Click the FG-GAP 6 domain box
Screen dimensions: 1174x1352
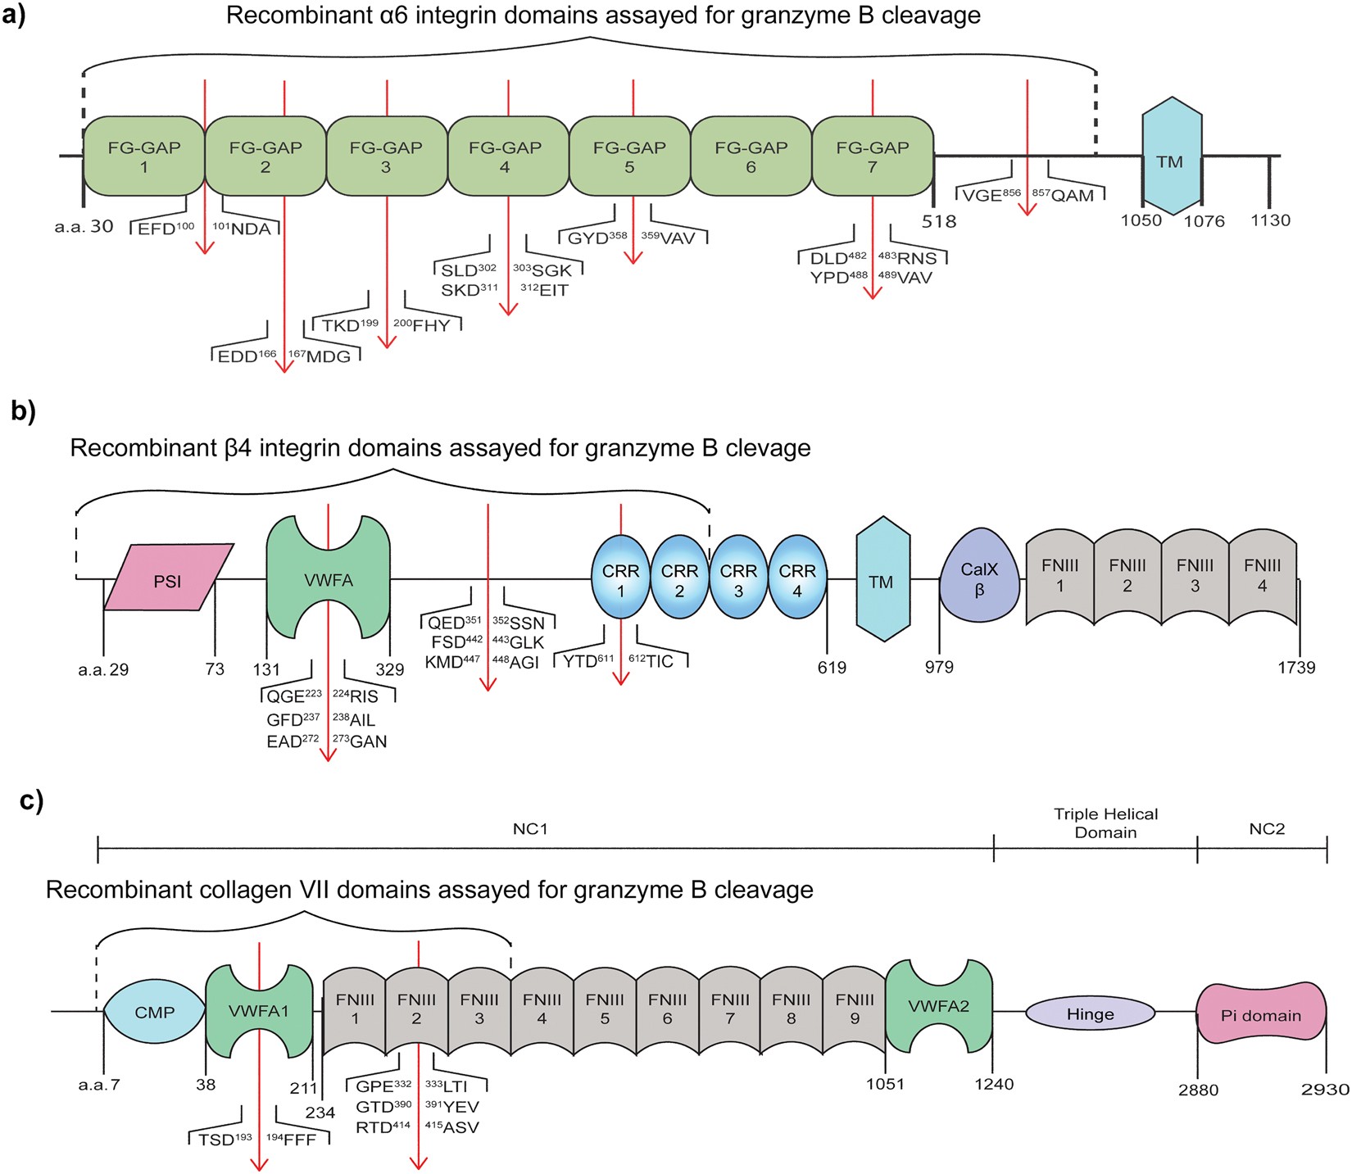[x=751, y=156]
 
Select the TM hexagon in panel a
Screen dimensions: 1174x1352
[x=1171, y=161]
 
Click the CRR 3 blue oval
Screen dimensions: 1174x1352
[x=738, y=580]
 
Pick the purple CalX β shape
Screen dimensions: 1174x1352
[x=979, y=579]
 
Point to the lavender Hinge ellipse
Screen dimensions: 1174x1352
[x=1090, y=1013]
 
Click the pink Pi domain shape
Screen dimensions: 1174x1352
[x=1261, y=1015]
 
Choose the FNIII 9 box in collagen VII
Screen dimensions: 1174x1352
[x=854, y=1009]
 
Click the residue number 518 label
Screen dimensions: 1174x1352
[x=939, y=221]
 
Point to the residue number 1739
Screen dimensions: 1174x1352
[x=1295, y=668]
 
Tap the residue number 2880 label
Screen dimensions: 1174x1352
[x=1198, y=1090]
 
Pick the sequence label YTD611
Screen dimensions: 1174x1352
[x=588, y=661]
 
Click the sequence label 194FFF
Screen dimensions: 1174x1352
[x=291, y=1140]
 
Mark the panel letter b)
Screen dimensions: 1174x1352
[x=24, y=410]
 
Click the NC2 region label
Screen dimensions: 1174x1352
[x=1266, y=829]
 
